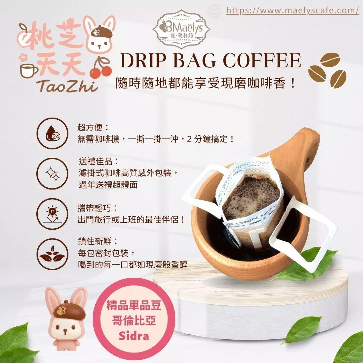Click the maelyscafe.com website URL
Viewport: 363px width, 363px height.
pyautogui.click(x=292, y=10)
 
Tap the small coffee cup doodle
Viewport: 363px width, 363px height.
pyautogui.click(x=29, y=71)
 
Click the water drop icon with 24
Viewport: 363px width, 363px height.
pyautogui.click(x=53, y=133)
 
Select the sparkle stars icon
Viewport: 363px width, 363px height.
pyautogui.click(x=53, y=173)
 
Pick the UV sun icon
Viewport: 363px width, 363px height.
pyautogui.click(x=53, y=214)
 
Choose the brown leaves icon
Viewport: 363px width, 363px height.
pyautogui.click(x=53, y=254)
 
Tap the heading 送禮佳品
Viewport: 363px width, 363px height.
pyautogui.click(x=99, y=161)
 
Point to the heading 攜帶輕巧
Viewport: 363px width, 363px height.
pyautogui.click(x=98, y=208)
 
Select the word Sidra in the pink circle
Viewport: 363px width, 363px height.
pyautogui.click(x=134, y=336)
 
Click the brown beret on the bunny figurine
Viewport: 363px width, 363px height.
pyautogui.click(x=69, y=310)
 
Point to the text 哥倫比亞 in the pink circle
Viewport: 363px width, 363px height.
pyautogui.click(x=134, y=321)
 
